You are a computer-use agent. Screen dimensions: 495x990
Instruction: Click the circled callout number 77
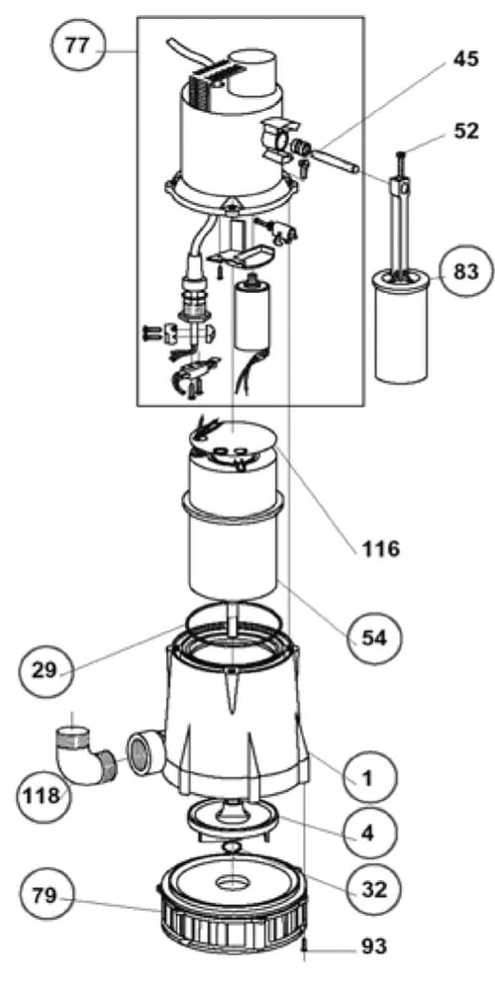click(x=77, y=46)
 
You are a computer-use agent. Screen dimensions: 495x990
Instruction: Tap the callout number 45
click(x=466, y=60)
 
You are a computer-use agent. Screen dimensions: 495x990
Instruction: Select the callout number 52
click(x=466, y=131)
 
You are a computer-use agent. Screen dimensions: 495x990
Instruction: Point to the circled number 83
click(x=465, y=271)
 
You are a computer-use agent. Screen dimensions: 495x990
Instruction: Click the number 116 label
click(x=381, y=548)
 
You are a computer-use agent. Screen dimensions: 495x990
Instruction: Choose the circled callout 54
click(x=374, y=638)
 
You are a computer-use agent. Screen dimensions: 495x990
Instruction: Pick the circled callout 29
click(x=45, y=670)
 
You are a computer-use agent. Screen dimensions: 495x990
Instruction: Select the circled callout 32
click(x=374, y=890)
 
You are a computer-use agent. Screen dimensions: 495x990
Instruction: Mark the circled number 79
click(x=45, y=895)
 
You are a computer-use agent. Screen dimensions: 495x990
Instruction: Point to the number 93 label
click(x=374, y=946)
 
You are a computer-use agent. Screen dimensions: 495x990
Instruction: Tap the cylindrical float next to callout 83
click(x=402, y=325)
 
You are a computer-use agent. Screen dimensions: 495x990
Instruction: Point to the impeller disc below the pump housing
click(x=234, y=819)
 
